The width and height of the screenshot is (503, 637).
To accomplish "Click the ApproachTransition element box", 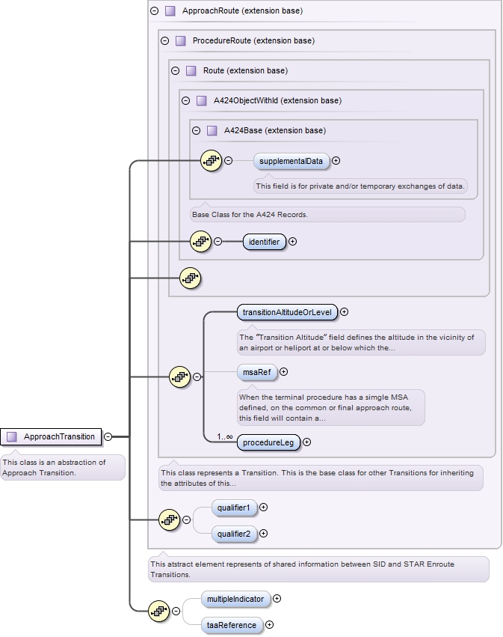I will pyautogui.click(x=52, y=436).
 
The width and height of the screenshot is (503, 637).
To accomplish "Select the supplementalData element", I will pyautogui.click(x=291, y=161).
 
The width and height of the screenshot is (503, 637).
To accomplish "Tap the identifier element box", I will pyautogui.click(x=265, y=242).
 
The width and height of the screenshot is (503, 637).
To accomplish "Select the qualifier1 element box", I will pyautogui.click(x=234, y=508).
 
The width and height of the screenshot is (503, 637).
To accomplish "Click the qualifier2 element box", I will pyautogui.click(x=234, y=534).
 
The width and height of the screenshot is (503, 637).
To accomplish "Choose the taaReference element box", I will pyautogui.click(x=232, y=625).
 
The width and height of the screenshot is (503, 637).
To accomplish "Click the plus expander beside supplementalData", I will pyautogui.click(x=336, y=160).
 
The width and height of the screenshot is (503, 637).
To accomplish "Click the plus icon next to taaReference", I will pyautogui.click(x=269, y=625).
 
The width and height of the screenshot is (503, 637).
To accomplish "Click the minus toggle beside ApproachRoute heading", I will pyautogui.click(x=155, y=11).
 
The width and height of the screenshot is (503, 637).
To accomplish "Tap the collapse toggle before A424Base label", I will pyautogui.click(x=197, y=130).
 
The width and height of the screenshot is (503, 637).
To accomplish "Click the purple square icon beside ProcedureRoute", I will pyautogui.click(x=180, y=40).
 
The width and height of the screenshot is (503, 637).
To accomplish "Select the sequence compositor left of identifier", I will pyautogui.click(x=201, y=241).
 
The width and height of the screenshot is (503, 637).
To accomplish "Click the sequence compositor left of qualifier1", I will pyautogui.click(x=170, y=519).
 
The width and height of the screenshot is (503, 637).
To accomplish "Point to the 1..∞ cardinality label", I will pyautogui.click(x=225, y=436).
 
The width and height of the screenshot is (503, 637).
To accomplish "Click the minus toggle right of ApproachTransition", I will pyautogui.click(x=108, y=436).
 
